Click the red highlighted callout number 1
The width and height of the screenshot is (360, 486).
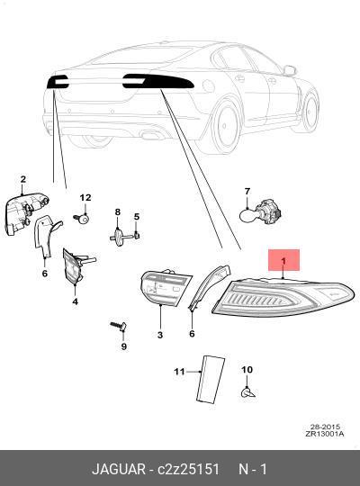(x=283, y=261)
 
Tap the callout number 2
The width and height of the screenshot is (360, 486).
(x=22, y=179)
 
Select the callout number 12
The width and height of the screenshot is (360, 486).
(x=85, y=197)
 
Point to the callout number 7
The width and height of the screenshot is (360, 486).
(x=247, y=191)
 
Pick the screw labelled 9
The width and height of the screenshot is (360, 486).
(x=118, y=326)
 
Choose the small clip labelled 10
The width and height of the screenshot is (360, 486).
(x=248, y=393)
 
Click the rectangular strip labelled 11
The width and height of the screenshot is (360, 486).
(x=211, y=380)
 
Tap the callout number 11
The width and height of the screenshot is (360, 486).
(x=179, y=372)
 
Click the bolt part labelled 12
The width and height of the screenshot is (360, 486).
(x=82, y=219)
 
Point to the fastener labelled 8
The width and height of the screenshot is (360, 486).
(x=120, y=237)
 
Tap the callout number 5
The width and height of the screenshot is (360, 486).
(x=137, y=217)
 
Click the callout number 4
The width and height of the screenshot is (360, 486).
(x=76, y=301)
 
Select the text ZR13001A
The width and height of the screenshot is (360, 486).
(x=324, y=434)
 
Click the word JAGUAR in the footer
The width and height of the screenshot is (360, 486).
(x=119, y=469)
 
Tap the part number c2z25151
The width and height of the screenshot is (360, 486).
(x=188, y=469)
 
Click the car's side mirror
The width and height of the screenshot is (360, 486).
(x=290, y=71)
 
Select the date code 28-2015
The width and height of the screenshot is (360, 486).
(x=326, y=427)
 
